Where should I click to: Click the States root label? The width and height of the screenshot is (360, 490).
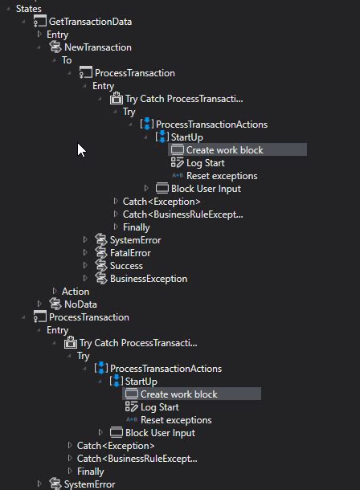tap(28, 8)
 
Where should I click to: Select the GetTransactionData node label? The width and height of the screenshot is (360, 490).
tap(90, 22)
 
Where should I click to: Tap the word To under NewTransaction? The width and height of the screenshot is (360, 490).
tap(67, 60)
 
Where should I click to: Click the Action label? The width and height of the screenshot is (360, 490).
tap(76, 292)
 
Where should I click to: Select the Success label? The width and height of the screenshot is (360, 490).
tap(126, 266)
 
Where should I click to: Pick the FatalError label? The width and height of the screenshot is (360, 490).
tap(130, 253)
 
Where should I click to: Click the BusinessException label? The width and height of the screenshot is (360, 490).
tap(149, 279)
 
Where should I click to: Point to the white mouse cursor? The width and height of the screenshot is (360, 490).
tap(80, 149)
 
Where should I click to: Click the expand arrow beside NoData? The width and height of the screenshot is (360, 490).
tap(39, 304)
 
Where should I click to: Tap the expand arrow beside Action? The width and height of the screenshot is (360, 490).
tap(55, 292)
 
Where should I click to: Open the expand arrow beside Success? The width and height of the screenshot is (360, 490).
tap(85, 266)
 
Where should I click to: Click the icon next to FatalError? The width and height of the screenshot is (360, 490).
tap(100, 253)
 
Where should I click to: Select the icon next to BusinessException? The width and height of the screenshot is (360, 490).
tap(100, 279)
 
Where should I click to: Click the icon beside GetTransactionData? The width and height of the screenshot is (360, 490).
tap(39, 22)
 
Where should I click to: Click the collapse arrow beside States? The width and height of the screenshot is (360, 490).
tap(9, 8)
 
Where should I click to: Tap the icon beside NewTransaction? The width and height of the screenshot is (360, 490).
tap(55, 47)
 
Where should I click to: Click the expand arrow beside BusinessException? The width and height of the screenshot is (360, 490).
tap(85, 279)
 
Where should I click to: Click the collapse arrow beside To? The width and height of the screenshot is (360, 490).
tap(55, 60)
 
